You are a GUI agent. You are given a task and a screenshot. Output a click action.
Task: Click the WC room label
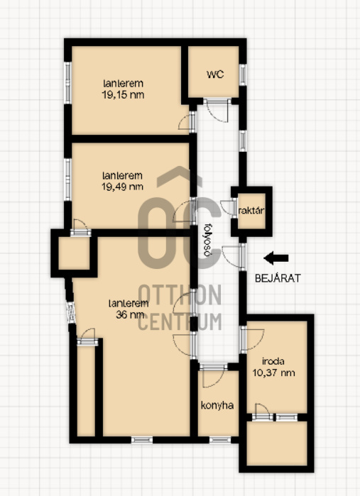(x=215, y=75)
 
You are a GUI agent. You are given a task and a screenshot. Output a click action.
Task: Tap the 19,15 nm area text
(x=123, y=94)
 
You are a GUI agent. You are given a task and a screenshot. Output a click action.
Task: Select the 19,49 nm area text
(x=122, y=187)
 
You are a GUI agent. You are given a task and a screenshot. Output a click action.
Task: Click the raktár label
(x=251, y=211)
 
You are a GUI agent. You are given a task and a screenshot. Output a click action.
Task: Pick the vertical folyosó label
(x=207, y=241)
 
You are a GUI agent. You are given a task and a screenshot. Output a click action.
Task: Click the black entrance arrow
(x=276, y=258)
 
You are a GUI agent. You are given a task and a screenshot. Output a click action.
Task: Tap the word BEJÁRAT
(x=278, y=278)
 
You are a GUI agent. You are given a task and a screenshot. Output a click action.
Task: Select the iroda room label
(x=273, y=361)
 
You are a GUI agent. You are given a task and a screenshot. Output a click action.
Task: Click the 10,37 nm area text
(x=273, y=373)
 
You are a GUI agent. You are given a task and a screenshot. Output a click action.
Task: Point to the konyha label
(x=217, y=406)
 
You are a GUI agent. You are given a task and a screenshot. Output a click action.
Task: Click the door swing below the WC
(x=217, y=111)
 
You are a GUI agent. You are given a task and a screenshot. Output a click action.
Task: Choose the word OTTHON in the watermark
(x=180, y=294)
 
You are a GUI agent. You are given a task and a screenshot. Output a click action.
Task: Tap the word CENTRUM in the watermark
(x=180, y=321)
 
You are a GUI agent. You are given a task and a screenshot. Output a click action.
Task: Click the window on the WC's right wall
(x=243, y=75)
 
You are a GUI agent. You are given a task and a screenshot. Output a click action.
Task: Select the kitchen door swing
(x=213, y=376)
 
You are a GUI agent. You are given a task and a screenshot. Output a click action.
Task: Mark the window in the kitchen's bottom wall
(x=220, y=440)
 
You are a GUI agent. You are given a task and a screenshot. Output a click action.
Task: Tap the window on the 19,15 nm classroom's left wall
(x=67, y=82)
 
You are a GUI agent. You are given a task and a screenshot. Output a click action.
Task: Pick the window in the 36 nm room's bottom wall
(x=142, y=440)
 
